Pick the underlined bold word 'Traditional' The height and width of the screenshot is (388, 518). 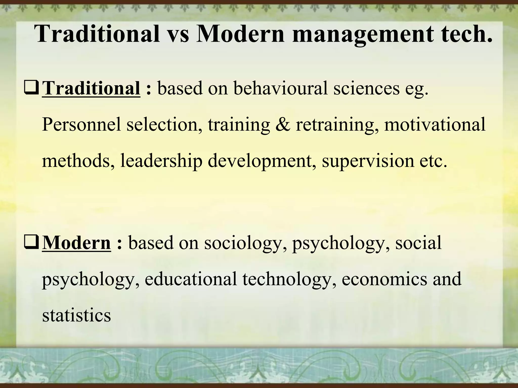[x=91, y=88]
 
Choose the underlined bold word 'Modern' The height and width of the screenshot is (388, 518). [x=76, y=243]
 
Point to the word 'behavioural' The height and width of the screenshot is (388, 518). [x=280, y=88]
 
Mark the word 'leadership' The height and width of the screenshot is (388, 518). [x=161, y=161]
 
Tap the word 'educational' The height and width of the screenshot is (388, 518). [x=191, y=279]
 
